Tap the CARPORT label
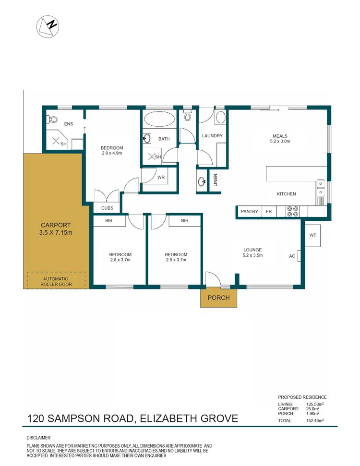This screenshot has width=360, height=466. pos(56,225)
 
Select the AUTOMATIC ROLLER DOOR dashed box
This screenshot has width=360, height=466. pos(56,280)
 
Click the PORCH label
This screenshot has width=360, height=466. pos(218,298)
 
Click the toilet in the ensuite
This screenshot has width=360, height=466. pos(52,119)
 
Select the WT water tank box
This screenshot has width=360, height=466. pos(312,235)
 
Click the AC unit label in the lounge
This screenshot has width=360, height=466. pos(292,256)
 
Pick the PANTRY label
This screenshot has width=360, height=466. pos(250,212)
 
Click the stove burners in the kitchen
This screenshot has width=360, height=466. pos(292,212)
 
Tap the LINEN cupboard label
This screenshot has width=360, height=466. pos(216,179)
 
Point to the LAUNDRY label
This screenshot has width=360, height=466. pos(212,136)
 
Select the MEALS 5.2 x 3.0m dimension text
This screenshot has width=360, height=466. pos(281,142)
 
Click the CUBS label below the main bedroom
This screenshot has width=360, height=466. pos(107,208)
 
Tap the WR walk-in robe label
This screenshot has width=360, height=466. pos(161,177)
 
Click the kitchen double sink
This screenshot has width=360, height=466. pos(320,188)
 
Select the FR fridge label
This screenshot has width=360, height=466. pos(269,212)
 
